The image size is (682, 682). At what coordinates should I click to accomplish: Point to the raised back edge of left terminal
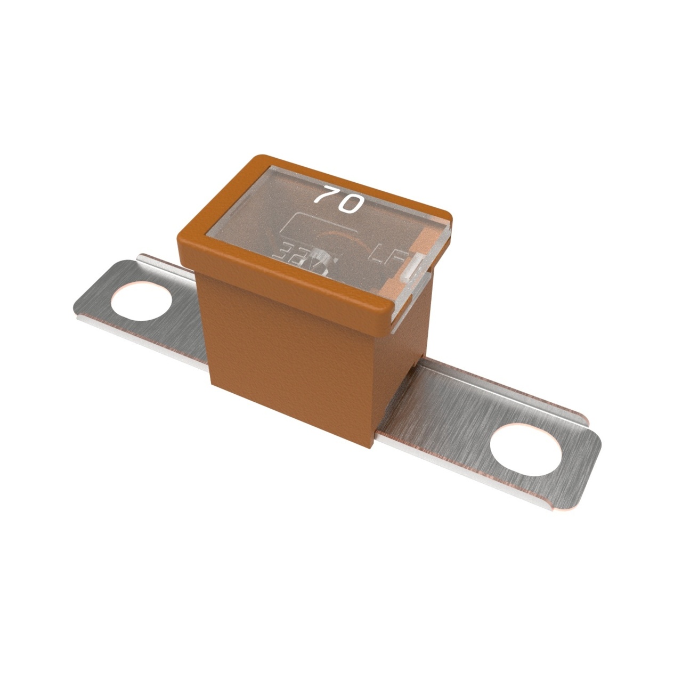click(x=160, y=259)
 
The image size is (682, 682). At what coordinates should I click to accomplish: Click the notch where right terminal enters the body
click(x=421, y=368)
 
